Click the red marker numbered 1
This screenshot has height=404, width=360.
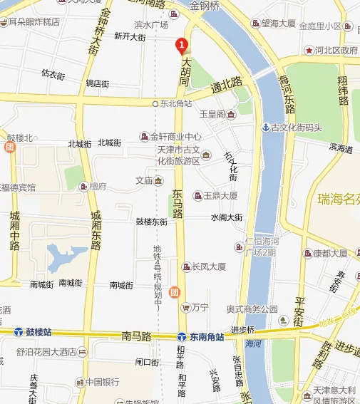(181, 44)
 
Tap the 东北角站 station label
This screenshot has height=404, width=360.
(176, 103)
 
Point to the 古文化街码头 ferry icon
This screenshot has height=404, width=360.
(266, 128)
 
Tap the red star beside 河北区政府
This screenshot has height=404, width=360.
(309, 51)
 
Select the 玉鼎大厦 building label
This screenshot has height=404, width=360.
(220, 195)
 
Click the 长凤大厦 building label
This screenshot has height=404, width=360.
(208, 266)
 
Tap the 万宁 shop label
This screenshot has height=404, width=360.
(200, 308)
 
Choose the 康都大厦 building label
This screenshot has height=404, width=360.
(330, 253)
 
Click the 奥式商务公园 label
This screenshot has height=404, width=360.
(252, 309)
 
